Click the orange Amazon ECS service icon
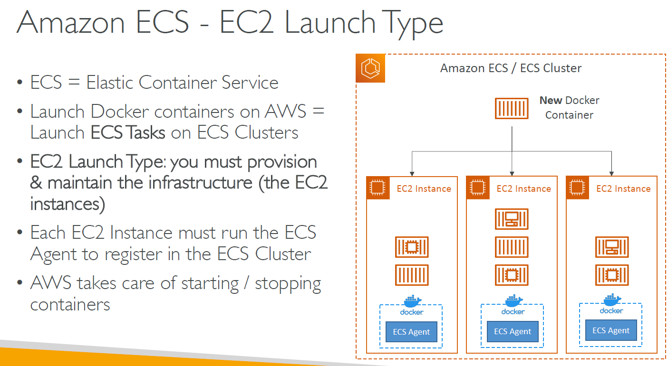coord(370,68)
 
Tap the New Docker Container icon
coord(512,108)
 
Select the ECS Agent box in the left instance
coord(411,332)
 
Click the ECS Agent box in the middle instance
coord(513,331)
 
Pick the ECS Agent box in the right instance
coord(611,330)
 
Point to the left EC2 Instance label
coord(424,188)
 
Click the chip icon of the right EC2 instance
coord(577,188)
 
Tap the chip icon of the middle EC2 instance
coord(478,188)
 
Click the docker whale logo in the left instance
coord(412,301)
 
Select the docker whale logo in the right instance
coord(612,300)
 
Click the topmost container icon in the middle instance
coord(512,219)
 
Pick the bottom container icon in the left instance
coord(412,275)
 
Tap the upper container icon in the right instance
coord(612,247)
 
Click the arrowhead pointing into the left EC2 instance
coord(412,174)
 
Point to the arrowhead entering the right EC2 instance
coord(611,174)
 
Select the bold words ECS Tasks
coord(127,132)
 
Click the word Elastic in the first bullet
coord(110,82)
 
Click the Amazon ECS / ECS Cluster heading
coord(511,68)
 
